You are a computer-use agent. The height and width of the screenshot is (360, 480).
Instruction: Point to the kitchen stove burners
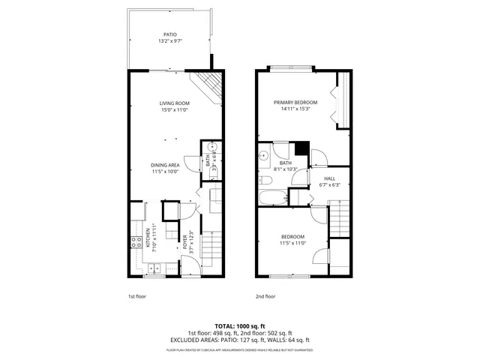click(x=136, y=242)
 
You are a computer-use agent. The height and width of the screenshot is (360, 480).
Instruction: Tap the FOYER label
click(x=184, y=243)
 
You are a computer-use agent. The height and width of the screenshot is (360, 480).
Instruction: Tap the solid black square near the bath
click(x=301, y=148)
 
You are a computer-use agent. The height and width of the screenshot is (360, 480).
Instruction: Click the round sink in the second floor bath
click(x=263, y=156)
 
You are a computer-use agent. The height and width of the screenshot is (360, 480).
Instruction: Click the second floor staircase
click(x=340, y=217)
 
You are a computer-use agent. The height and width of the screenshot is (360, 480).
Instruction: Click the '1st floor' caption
click(x=135, y=296)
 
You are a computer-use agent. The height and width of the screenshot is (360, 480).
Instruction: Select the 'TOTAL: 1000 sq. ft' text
click(x=240, y=325)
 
